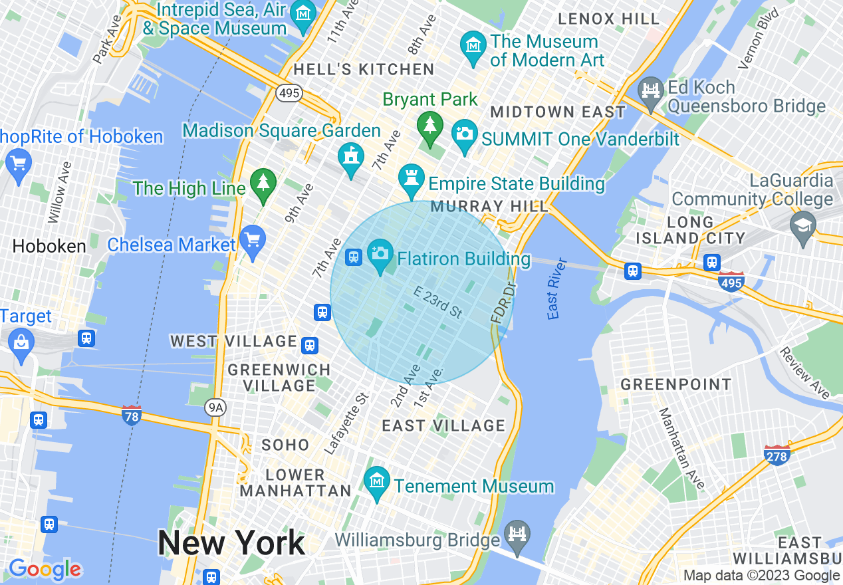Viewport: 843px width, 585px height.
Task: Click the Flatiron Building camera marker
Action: [380, 256]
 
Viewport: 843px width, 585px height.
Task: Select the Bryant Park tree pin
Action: [430, 126]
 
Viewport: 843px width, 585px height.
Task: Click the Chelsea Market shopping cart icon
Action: [253, 241]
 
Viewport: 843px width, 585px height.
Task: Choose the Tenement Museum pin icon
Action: [378, 481]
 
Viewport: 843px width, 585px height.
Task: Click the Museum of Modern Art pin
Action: [473, 47]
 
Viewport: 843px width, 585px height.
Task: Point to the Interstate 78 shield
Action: [132, 415]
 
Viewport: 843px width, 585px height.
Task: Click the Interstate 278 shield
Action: [777, 455]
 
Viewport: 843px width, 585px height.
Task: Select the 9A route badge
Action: [215, 408]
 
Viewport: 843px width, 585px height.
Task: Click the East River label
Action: [557, 288]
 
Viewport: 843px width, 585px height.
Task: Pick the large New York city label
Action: [231, 543]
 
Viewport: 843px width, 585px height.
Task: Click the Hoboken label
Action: [49, 246]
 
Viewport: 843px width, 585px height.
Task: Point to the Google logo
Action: [45, 569]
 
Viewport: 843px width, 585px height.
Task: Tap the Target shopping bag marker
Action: [21, 344]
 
